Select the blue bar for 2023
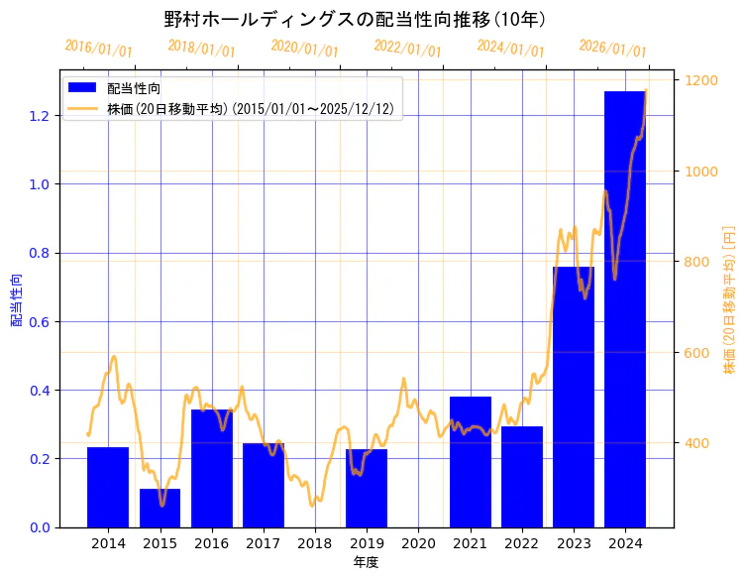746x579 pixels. (x=574, y=397)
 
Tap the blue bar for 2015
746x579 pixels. (x=160, y=508)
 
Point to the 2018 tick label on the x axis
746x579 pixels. (x=315, y=543)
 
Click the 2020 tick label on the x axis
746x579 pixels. (x=418, y=543)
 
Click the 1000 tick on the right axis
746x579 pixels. (x=698, y=172)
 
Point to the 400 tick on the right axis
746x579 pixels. (x=694, y=443)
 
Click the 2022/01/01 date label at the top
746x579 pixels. (x=407, y=48)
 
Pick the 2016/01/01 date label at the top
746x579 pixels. (x=98, y=48)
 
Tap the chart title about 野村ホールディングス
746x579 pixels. (x=355, y=19)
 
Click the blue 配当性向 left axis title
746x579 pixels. (x=17, y=299)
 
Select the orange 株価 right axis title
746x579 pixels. (x=730, y=299)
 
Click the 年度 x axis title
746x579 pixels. (x=367, y=562)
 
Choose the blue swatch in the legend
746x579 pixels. (x=81, y=88)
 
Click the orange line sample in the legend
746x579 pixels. (x=81, y=108)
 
